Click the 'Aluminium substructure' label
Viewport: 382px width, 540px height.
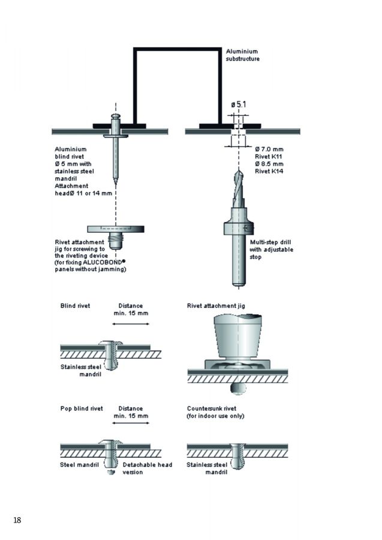pos(242,55)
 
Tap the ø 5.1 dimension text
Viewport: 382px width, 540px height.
pos(238,105)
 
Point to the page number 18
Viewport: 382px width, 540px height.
pos(17,520)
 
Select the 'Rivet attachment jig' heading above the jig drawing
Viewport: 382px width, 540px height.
pos(216,305)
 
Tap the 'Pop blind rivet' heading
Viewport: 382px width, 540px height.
pos(82,408)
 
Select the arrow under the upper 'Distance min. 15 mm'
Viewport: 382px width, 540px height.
pos(131,324)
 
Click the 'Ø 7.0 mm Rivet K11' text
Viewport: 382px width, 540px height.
pos(269,152)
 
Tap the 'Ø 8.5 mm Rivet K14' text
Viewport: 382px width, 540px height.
pos(269,167)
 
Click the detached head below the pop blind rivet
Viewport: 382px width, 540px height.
pos(112,473)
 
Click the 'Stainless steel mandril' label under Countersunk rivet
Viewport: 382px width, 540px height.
pos(207,468)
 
